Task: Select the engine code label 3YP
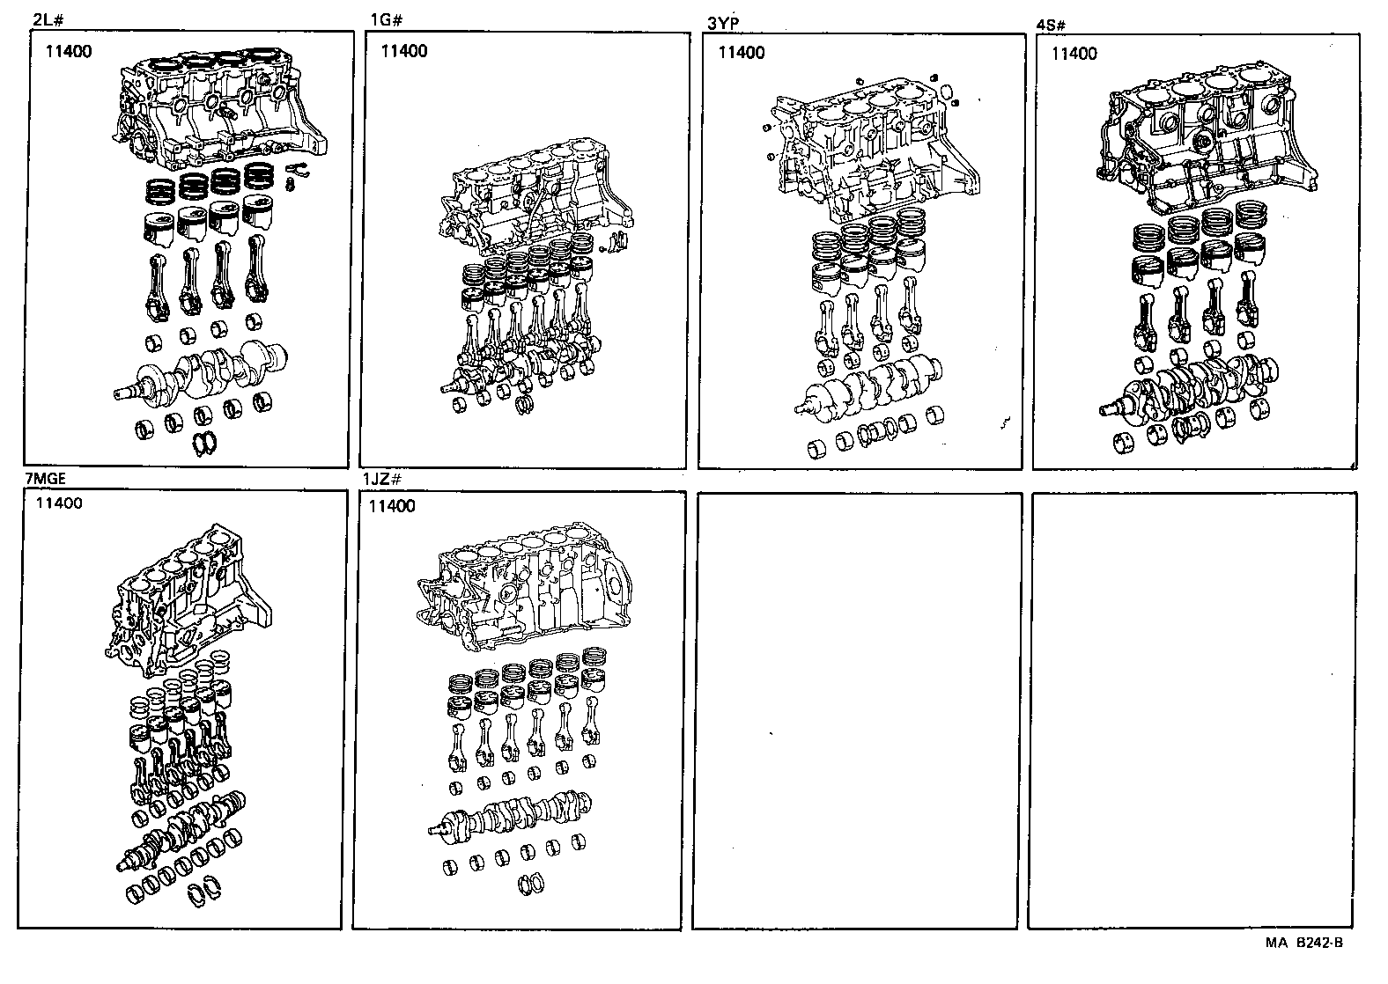tap(723, 24)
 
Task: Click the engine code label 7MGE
tap(45, 479)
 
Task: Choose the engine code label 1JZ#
tap(382, 481)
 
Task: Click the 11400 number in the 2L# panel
tap(68, 51)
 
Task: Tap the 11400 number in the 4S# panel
tap(1074, 54)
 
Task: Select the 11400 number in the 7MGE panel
tap(60, 503)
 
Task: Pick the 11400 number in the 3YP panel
tap(742, 53)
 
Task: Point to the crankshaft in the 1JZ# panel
tap(511, 813)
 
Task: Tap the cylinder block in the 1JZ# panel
tap(524, 590)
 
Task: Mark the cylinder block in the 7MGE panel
tap(189, 598)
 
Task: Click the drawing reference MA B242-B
tap(1305, 944)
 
